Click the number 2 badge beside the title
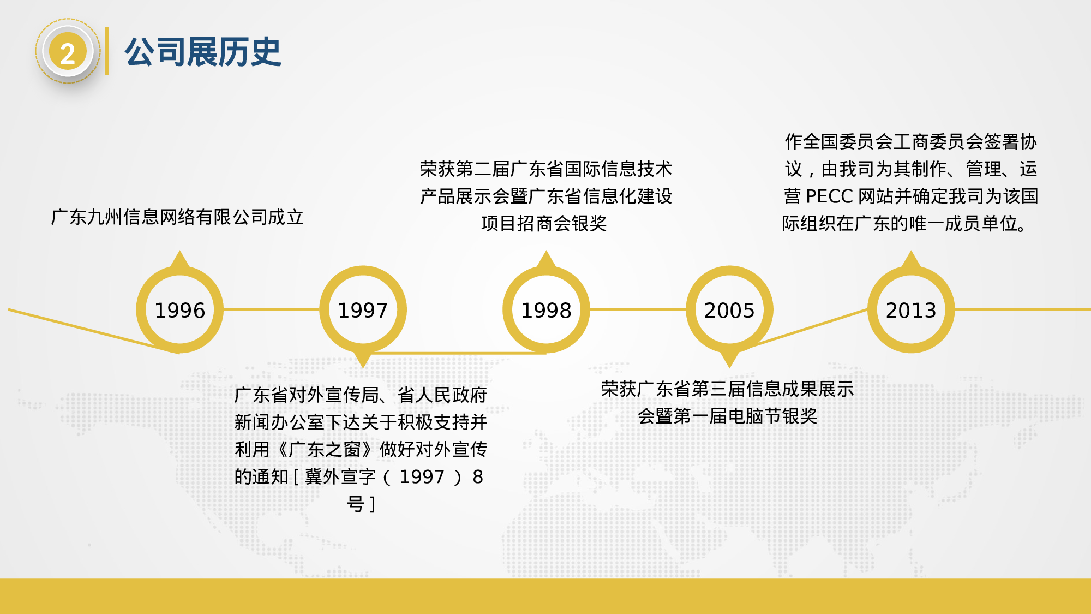click(x=68, y=52)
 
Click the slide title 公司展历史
click(x=202, y=52)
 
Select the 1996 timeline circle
click(x=179, y=310)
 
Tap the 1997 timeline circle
click(x=363, y=310)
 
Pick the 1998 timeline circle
click(x=546, y=310)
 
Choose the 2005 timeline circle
click(x=729, y=310)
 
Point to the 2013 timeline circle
click(x=911, y=310)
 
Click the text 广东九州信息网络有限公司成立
click(x=177, y=217)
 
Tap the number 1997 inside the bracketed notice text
click(x=422, y=477)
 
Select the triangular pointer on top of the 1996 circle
click(x=179, y=259)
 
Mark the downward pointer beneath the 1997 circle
click(x=363, y=360)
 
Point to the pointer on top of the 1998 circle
click(x=546, y=259)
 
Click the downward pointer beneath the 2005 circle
click(x=729, y=360)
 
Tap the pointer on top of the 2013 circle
click(x=911, y=259)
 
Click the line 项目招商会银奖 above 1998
click(x=544, y=224)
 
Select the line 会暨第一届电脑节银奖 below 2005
click(x=727, y=416)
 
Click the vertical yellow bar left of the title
click(x=107, y=51)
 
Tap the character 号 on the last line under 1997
click(x=356, y=504)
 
